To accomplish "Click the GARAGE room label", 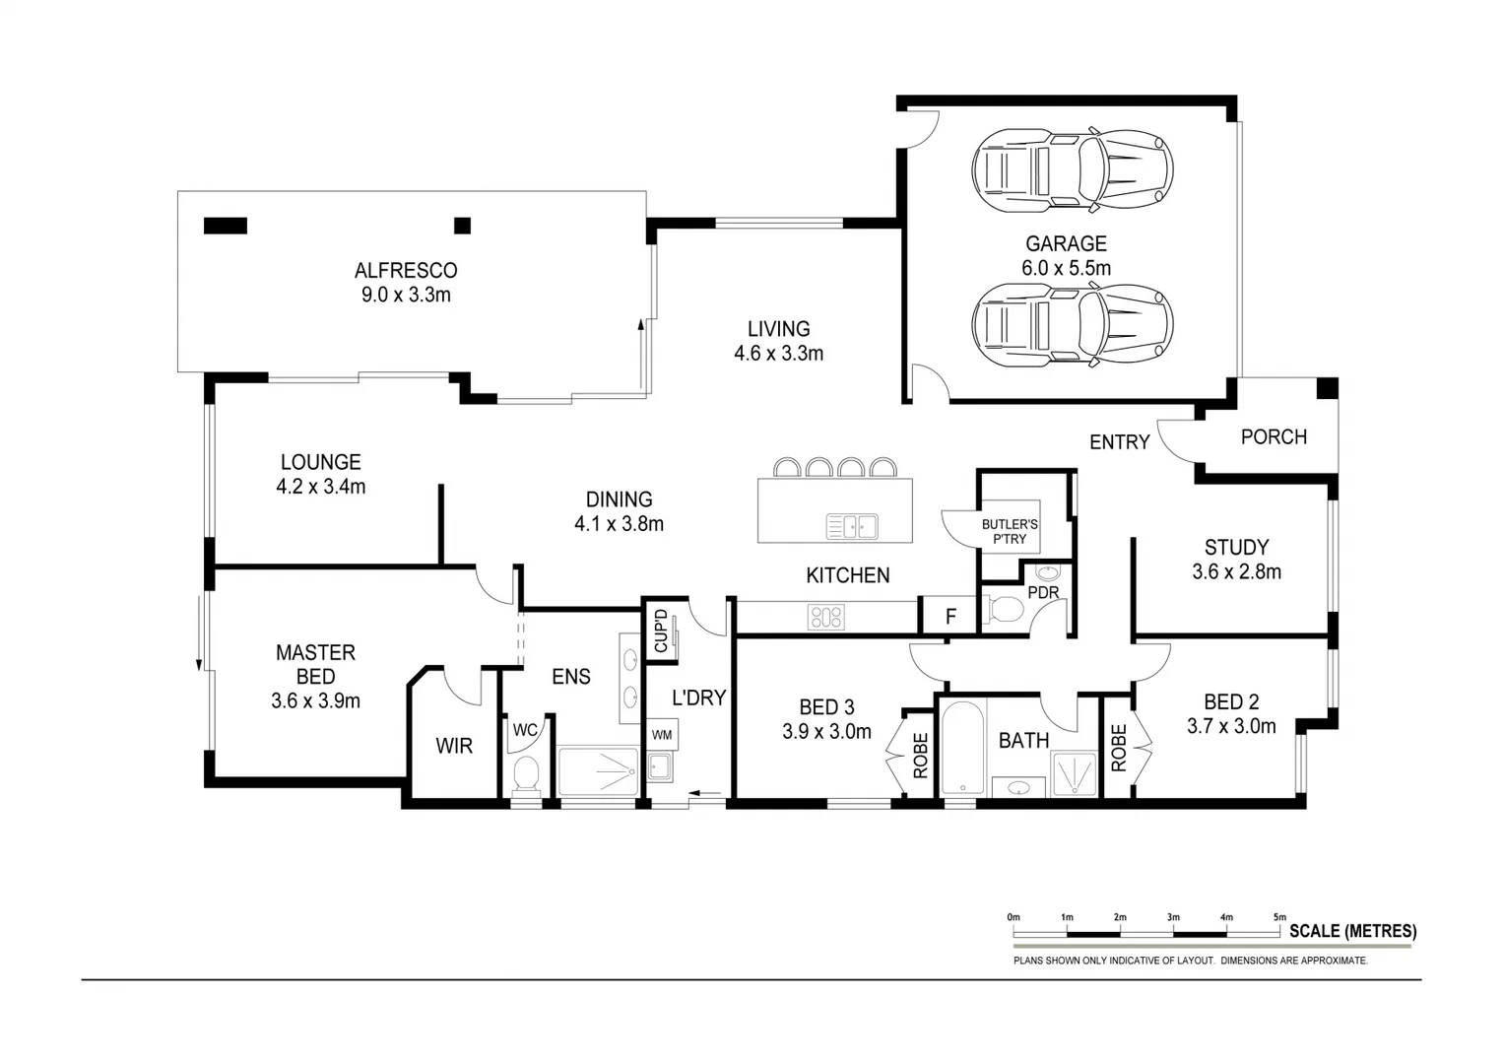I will point(1066,243).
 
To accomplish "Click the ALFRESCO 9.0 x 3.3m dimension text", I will point(406,295).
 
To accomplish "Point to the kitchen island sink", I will point(852,527).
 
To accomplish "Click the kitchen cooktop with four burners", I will point(825,617).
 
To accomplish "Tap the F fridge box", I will point(950,617).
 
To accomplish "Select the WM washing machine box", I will point(662,734).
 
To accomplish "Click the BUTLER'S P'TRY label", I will point(1010,532).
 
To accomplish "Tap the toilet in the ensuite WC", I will point(527,774).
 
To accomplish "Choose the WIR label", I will point(454,746).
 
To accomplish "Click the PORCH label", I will point(1274,436).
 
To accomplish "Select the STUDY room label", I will point(1236,547).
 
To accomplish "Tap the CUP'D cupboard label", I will point(661,631).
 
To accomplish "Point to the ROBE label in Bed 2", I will point(1118,748).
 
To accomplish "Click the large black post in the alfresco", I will point(225,226).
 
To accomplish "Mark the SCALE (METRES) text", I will point(1352,931).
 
